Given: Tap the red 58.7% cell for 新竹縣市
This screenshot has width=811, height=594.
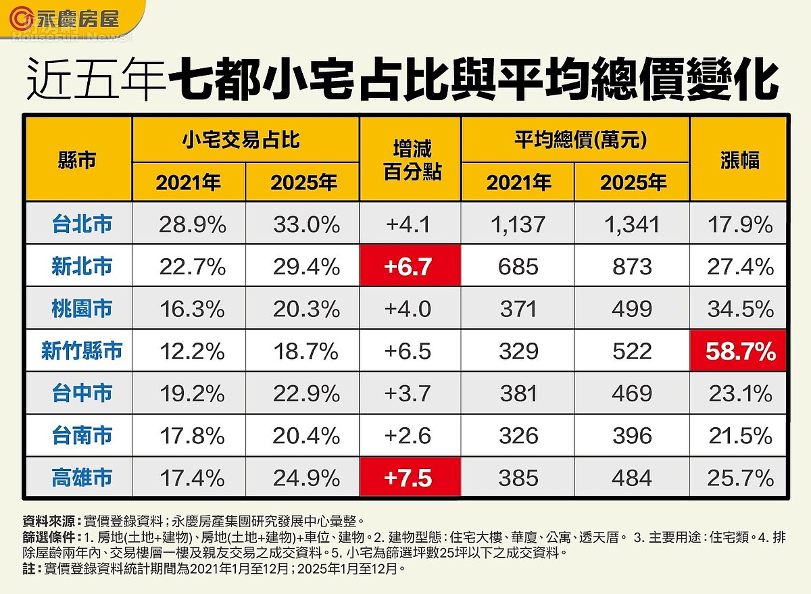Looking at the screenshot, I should coord(739,351).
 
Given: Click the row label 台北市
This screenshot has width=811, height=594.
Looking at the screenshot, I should coord(82,224).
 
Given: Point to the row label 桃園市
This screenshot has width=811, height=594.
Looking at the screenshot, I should coord(82,309).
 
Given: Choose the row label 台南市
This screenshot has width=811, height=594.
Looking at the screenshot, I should coord(82,435).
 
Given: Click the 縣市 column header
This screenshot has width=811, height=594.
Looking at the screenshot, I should coord(78,160).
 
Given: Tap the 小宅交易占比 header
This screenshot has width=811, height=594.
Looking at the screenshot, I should coord(245,140).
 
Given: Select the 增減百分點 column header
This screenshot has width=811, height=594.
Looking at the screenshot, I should coord(410,160).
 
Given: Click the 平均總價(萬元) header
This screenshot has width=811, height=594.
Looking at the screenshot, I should coord(575,140).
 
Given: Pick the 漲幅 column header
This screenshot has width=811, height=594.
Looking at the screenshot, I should coord(739,160).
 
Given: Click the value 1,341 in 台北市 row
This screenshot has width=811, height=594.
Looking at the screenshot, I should coord(632,224).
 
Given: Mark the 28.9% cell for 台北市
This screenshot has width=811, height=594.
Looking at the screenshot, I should coord(192,224).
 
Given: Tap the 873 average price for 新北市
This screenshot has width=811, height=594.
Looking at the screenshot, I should coord(632,266).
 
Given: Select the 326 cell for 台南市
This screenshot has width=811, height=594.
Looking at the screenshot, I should coord(518,435).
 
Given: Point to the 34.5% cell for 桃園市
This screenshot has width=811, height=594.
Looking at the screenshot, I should coord(739,309).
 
